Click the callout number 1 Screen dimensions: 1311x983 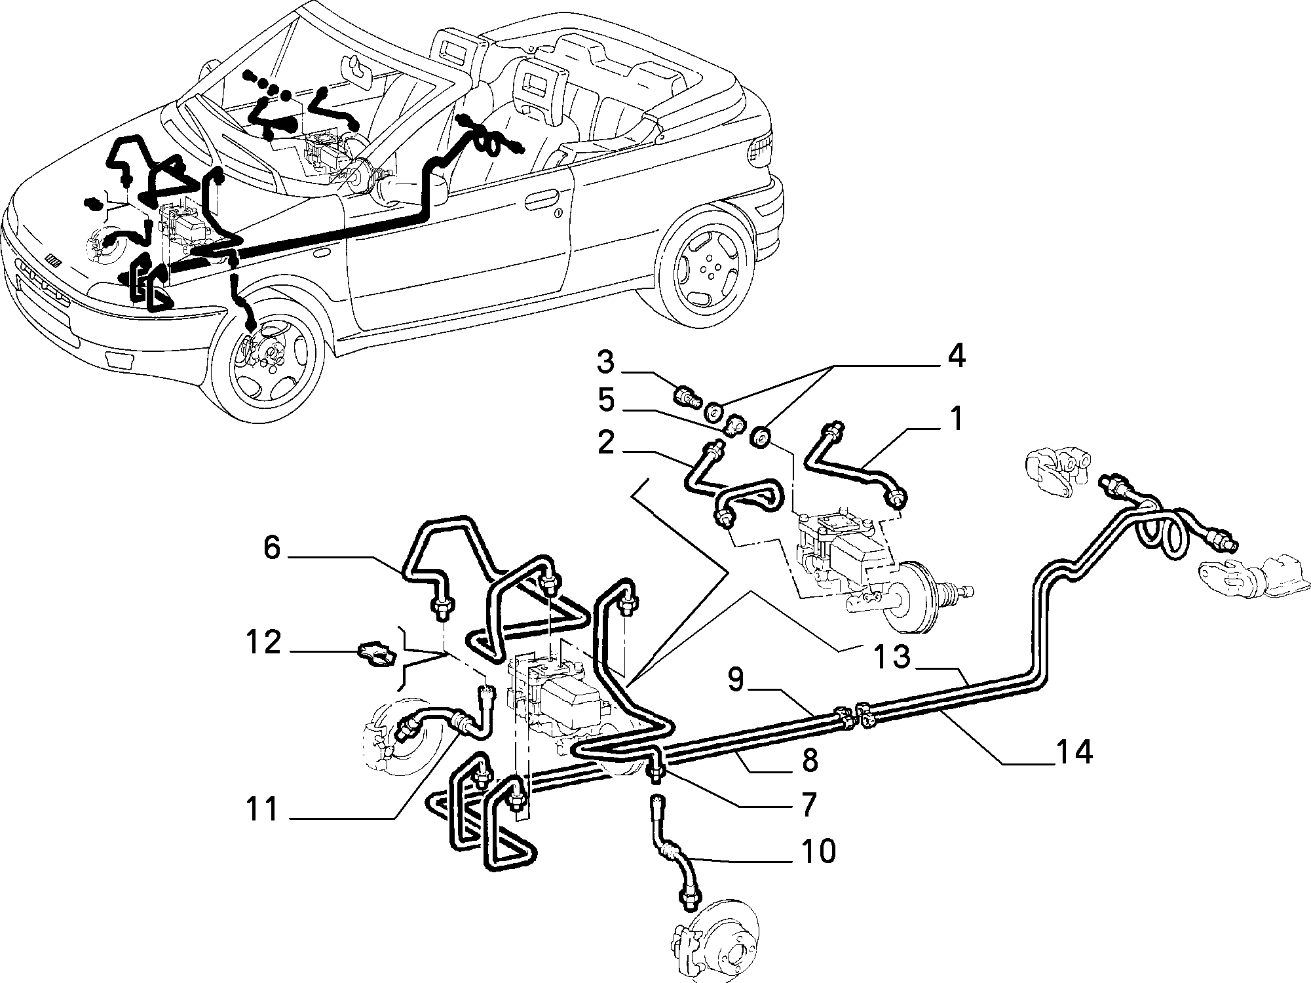tap(957, 419)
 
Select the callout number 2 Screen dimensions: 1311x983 tap(606, 444)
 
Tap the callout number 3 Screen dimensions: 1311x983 tap(605, 363)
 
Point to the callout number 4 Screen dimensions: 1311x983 tap(956, 358)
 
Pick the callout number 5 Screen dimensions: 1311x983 tap(606, 401)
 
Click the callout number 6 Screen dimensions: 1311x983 tap(272, 548)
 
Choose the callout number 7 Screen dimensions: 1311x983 tap(808, 803)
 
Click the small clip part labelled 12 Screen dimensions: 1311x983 tap(375, 653)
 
